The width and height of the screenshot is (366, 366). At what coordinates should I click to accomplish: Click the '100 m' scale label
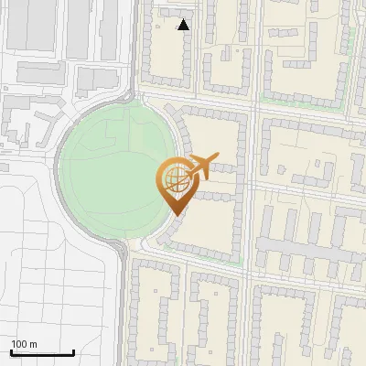pos(25,344)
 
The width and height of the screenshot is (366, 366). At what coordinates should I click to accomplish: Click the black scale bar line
pos(42,353)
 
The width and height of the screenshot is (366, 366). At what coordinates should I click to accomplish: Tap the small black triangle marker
pos(184,25)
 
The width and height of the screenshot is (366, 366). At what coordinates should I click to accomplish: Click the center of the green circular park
pos(117,168)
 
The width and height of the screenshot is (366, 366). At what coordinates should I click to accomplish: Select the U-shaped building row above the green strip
pos(302,69)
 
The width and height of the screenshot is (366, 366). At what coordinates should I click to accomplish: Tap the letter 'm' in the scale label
pos(33,344)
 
